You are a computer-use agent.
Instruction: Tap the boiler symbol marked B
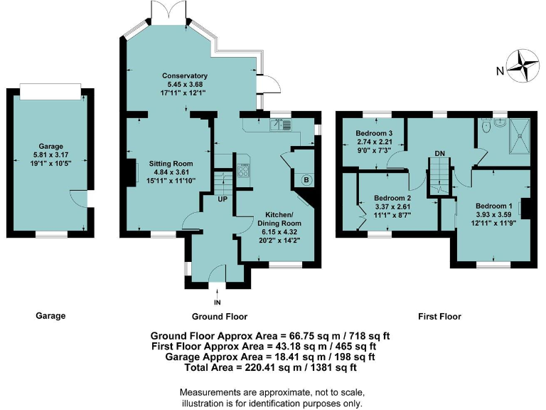click(306, 179)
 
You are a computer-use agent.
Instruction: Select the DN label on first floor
click(440, 154)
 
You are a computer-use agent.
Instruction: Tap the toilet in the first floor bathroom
click(486, 127)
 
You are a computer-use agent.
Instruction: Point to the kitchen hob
click(243, 169)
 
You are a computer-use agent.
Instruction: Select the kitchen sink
click(280, 125)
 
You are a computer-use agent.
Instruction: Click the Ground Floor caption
click(219, 316)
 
